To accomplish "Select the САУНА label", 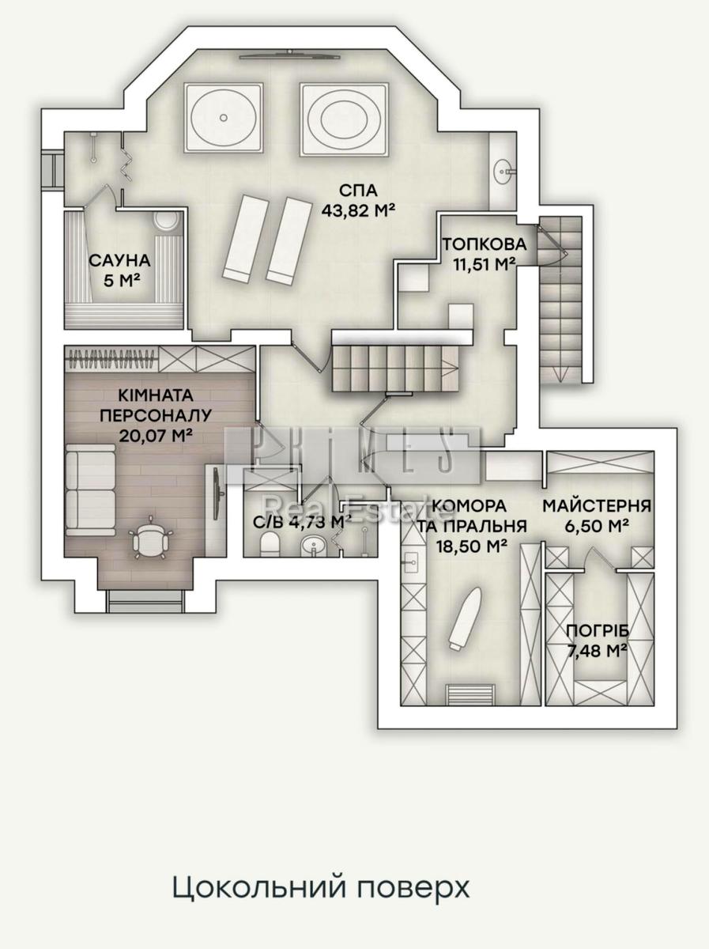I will pos(120,260).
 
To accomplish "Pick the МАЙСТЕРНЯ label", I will pos(597,506).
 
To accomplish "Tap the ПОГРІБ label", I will pos(597,631).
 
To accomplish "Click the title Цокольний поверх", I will pos(321,887).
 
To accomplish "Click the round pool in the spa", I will pos(223,118).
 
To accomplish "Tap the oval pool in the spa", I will pos(344,118).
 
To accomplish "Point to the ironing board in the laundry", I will pos(460,618).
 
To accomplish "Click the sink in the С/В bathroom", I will pos(315,546).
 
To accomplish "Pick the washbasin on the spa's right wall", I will pos(503,168).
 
